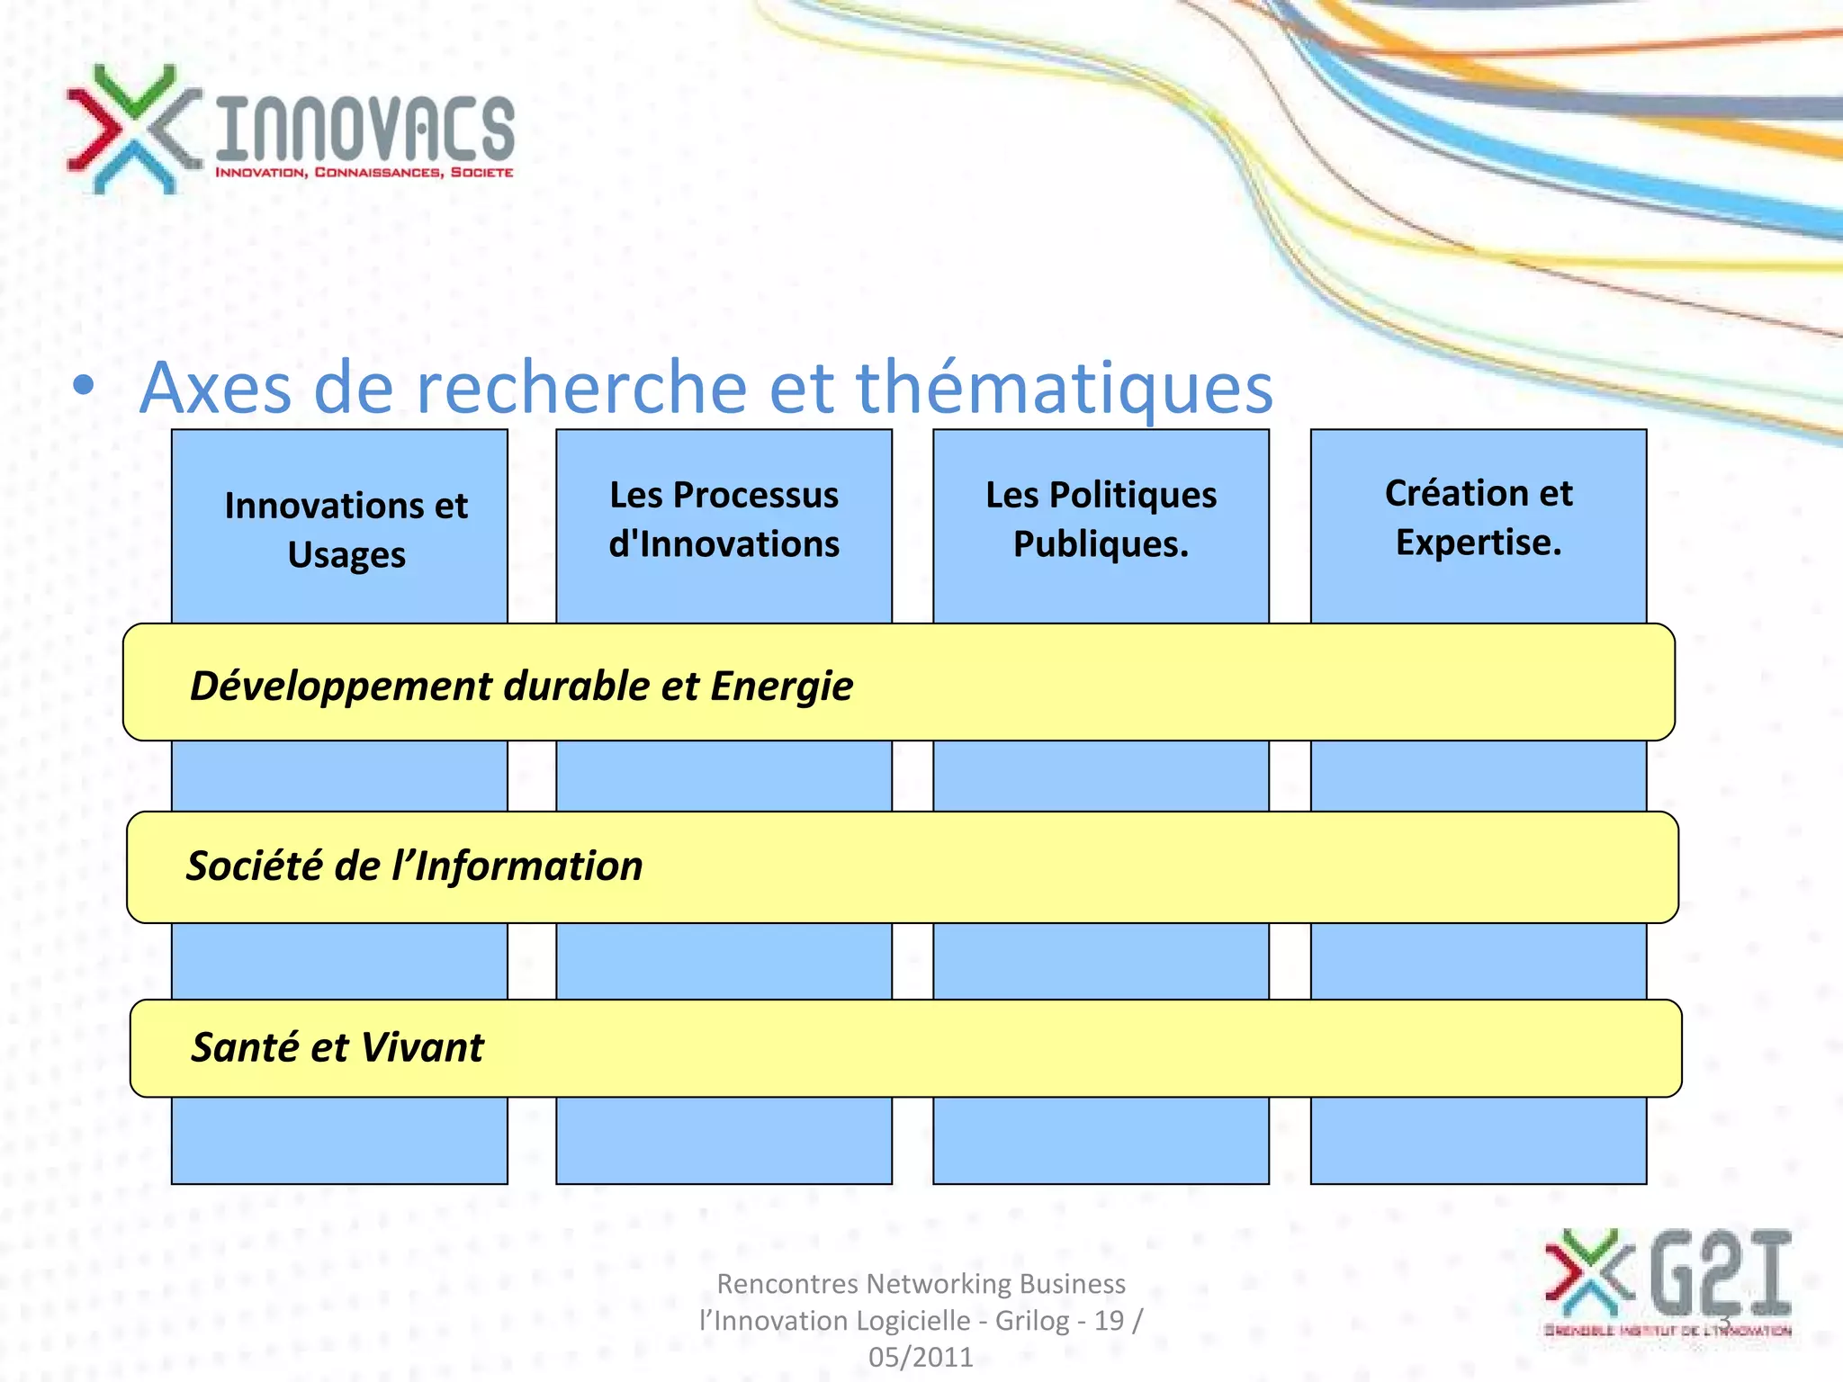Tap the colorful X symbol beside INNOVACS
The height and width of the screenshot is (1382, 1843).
[x=133, y=129]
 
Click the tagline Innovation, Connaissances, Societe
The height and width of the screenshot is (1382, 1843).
[x=364, y=172]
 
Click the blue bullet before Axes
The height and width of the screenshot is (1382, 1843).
[x=84, y=387]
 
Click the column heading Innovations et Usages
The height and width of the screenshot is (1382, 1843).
[x=346, y=530]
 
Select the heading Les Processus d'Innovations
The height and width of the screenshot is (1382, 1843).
[x=724, y=519]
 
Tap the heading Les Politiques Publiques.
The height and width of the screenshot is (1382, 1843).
[x=1101, y=519]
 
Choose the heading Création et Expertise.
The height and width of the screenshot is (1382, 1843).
[x=1478, y=517]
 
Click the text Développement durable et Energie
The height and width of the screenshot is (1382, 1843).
[x=521, y=686]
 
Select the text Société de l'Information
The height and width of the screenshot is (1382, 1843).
[x=414, y=866]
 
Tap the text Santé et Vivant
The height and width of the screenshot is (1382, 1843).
[x=337, y=1047]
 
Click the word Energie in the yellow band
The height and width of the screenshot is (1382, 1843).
[x=781, y=686]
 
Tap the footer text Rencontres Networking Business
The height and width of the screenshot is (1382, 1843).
[x=921, y=1283]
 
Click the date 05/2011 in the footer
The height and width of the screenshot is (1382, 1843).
[x=921, y=1357]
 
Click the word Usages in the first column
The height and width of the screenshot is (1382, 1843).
[x=346, y=555]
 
